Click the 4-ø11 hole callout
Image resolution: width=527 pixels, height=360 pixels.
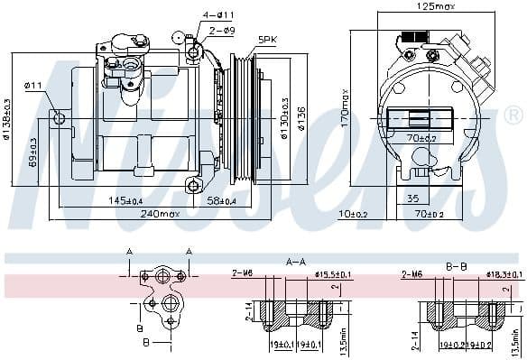218,15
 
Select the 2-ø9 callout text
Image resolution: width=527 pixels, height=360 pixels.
222,29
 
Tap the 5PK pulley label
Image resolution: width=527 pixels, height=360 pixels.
267,40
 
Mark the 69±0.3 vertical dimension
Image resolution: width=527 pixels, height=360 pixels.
34,152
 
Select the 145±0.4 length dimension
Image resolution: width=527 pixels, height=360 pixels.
125,200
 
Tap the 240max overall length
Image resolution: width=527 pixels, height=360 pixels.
159,214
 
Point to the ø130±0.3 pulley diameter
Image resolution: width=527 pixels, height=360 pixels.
285,118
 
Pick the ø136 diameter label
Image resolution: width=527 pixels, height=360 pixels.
302,118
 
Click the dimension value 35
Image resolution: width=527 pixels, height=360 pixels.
412,198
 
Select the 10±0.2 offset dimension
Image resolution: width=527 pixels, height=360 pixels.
354,214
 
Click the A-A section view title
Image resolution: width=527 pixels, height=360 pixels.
295,262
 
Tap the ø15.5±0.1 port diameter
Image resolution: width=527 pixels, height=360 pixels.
331,274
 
